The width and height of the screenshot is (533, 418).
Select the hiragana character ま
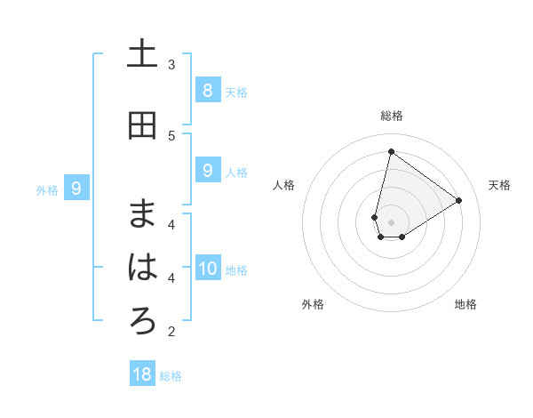click(x=142, y=214)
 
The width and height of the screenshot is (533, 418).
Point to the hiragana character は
click(x=142, y=268)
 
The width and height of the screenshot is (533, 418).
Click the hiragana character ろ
click(x=142, y=321)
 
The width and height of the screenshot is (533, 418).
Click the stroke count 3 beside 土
click(x=171, y=64)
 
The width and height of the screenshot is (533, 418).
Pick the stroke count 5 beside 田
click(x=171, y=135)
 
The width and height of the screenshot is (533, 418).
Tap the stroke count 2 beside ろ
click(x=171, y=332)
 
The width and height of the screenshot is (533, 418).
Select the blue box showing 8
click(x=207, y=90)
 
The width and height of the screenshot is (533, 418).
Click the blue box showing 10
click(x=207, y=269)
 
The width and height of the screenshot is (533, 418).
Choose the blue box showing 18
click(x=142, y=374)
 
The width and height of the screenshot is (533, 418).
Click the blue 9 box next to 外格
click(x=76, y=189)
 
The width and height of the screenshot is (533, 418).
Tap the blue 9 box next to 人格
click(x=207, y=171)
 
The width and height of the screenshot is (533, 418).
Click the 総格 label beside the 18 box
click(x=171, y=376)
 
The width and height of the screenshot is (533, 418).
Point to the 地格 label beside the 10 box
click(x=236, y=270)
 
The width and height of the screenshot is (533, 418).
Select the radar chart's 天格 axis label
click(x=499, y=185)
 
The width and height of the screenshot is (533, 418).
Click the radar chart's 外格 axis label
click(x=313, y=304)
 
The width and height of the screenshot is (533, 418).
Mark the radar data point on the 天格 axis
click(x=458, y=201)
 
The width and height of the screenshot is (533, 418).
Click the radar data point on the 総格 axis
click(x=391, y=151)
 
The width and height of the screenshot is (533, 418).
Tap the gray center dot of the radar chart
click(x=391, y=222)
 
